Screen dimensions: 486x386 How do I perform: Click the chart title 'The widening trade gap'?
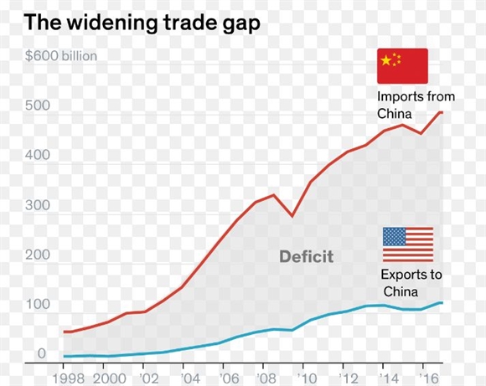click(142, 23)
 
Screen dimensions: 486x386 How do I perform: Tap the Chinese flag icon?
click(402, 66)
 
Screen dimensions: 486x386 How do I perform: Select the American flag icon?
click(408, 244)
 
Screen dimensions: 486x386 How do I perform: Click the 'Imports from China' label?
click(416, 105)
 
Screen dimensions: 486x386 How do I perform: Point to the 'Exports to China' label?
click(411, 283)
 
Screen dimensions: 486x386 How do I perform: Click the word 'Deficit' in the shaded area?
click(306, 256)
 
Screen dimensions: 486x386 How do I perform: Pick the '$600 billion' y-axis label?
click(61, 56)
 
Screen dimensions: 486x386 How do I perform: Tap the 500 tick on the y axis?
click(38, 106)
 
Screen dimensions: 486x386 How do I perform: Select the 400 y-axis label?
click(38, 155)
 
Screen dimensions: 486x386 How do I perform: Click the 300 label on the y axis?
click(38, 205)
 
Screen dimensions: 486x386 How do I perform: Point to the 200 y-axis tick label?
click(38, 255)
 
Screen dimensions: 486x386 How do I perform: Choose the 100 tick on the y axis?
click(38, 304)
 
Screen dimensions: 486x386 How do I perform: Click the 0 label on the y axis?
click(42, 353)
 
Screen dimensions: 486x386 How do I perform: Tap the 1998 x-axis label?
click(68, 378)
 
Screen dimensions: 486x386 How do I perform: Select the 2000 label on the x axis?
click(110, 378)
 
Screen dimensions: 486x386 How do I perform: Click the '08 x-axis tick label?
click(266, 378)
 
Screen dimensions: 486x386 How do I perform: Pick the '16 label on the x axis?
click(429, 378)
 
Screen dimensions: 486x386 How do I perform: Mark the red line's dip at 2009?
click(292, 216)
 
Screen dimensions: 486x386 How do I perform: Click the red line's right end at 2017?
click(442, 112)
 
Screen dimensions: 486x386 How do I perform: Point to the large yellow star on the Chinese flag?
click(386, 60)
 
